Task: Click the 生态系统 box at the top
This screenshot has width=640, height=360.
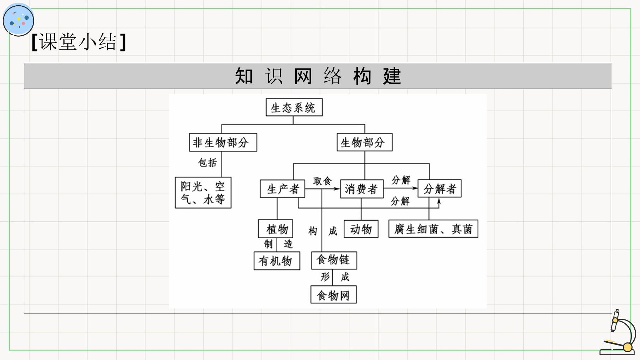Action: (x=294, y=107)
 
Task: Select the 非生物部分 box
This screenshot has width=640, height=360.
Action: (x=223, y=142)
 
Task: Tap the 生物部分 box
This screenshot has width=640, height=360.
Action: (x=364, y=142)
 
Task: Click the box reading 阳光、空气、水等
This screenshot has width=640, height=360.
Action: (x=203, y=193)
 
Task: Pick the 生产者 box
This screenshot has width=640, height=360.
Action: (x=282, y=189)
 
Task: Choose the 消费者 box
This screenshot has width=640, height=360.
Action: (x=362, y=189)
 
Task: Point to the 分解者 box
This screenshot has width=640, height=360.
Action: (x=440, y=188)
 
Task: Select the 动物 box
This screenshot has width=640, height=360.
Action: (x=361, y=229)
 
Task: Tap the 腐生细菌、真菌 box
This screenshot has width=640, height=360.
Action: (x=433, y=229)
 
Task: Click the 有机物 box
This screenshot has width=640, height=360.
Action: (x=277, y=261)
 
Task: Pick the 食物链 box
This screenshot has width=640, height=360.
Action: (x=334, y=260)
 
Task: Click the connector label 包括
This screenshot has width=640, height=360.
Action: (x=207, y=163)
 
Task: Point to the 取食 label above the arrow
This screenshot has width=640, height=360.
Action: (x=322, y=181)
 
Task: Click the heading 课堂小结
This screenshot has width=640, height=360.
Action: (x=79, y=42)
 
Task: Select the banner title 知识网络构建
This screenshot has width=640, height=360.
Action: (x=318, y=76)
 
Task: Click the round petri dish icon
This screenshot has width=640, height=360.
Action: (x=18, y=20)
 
